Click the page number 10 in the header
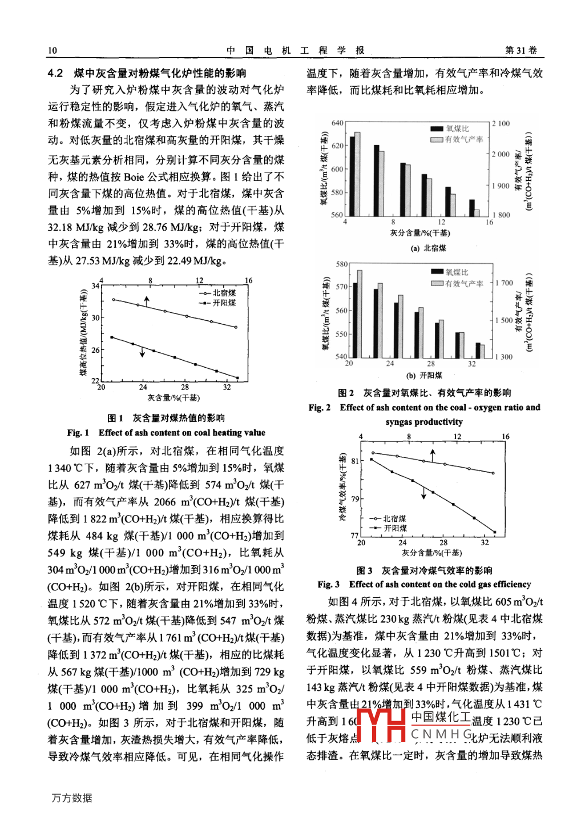[52, 50]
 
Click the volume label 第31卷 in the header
[521, 50]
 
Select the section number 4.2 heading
[55, 73]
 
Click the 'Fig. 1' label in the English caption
[78, 433]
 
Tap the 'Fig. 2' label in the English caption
[320, 408]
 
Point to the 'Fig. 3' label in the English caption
[329, 585]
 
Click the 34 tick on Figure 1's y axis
[95, 285]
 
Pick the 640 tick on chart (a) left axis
[337, 123]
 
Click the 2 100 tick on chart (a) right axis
[501, 123]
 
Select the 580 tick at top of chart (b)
[341, 264]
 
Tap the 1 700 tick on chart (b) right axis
[504, 283]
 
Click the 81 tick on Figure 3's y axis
[356, 461]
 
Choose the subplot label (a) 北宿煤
[428, 248]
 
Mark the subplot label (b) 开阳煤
[424, 376]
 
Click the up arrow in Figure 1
[147, 301]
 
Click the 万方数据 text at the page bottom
[72, 798]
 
